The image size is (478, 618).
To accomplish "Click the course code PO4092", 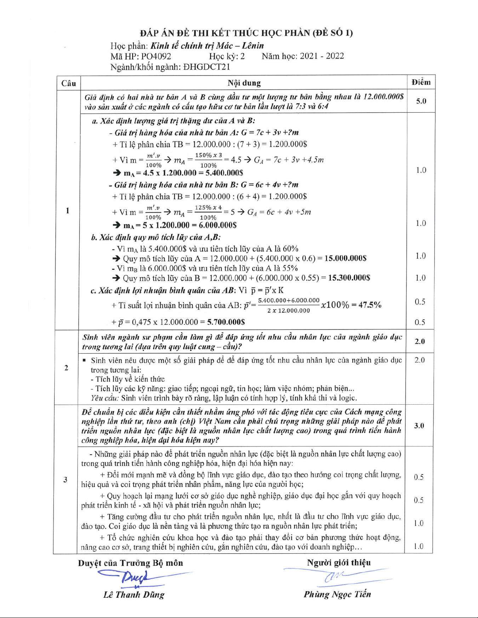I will pos(156,56).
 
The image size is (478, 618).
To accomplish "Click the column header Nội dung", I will pos(244,83).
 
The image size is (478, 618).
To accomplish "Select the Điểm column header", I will pos(421,82).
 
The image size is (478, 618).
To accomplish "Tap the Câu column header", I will pos(69,83).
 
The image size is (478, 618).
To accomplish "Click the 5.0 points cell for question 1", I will pos(421,101).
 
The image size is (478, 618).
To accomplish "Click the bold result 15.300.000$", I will pos(349,278).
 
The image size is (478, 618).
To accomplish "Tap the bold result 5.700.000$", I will pos(226,322).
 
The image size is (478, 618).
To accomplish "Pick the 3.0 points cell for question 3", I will pos(419,425).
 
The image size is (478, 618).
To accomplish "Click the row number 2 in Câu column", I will pos(66,368).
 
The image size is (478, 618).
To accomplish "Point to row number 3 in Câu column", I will pos(66,480).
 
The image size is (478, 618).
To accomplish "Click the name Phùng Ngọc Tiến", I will pos(337,594).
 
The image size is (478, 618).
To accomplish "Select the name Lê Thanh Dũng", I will pos(134,595).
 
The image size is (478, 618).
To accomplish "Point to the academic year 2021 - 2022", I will pos(322,56).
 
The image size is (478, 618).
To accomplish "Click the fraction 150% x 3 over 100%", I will pos(208,160).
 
